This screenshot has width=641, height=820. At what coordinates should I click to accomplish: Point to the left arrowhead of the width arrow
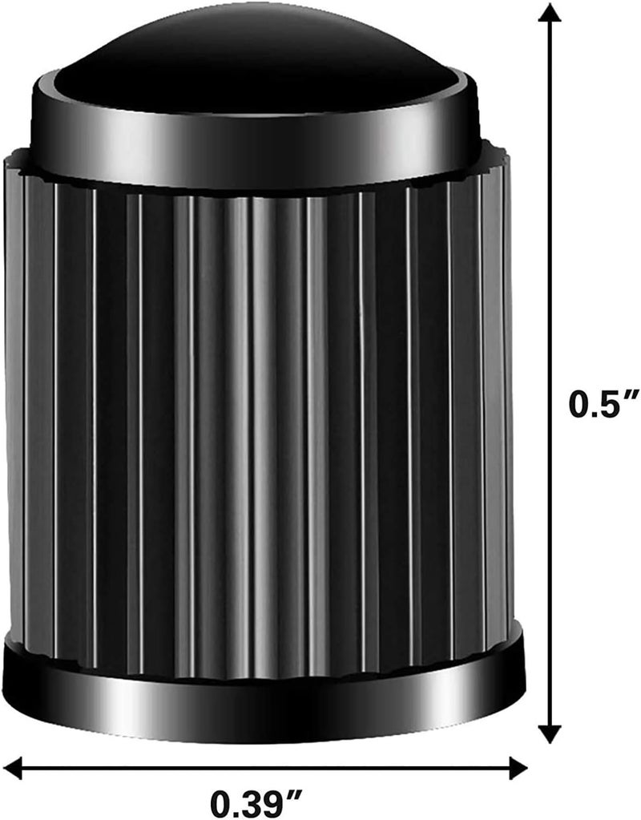tap(14, 769)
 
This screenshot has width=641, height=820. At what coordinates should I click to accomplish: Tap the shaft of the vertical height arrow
tap(549, 240)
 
